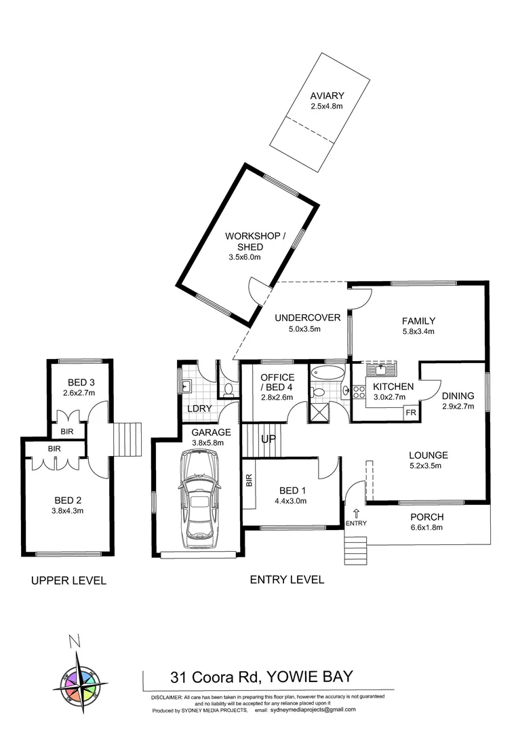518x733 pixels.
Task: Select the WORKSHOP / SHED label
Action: coord(255,242)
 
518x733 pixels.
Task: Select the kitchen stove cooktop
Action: coord(359,392)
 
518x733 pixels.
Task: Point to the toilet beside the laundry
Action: coord(228,389)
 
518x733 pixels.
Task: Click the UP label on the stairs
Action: coord(269,439)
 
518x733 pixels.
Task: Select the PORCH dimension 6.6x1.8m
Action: coord(426,527)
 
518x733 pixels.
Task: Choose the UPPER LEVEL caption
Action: coord(68,580)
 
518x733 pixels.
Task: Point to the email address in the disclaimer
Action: coord(313,710)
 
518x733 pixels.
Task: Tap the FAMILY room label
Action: coord(418,321)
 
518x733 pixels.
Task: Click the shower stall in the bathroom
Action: coord(317,411)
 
